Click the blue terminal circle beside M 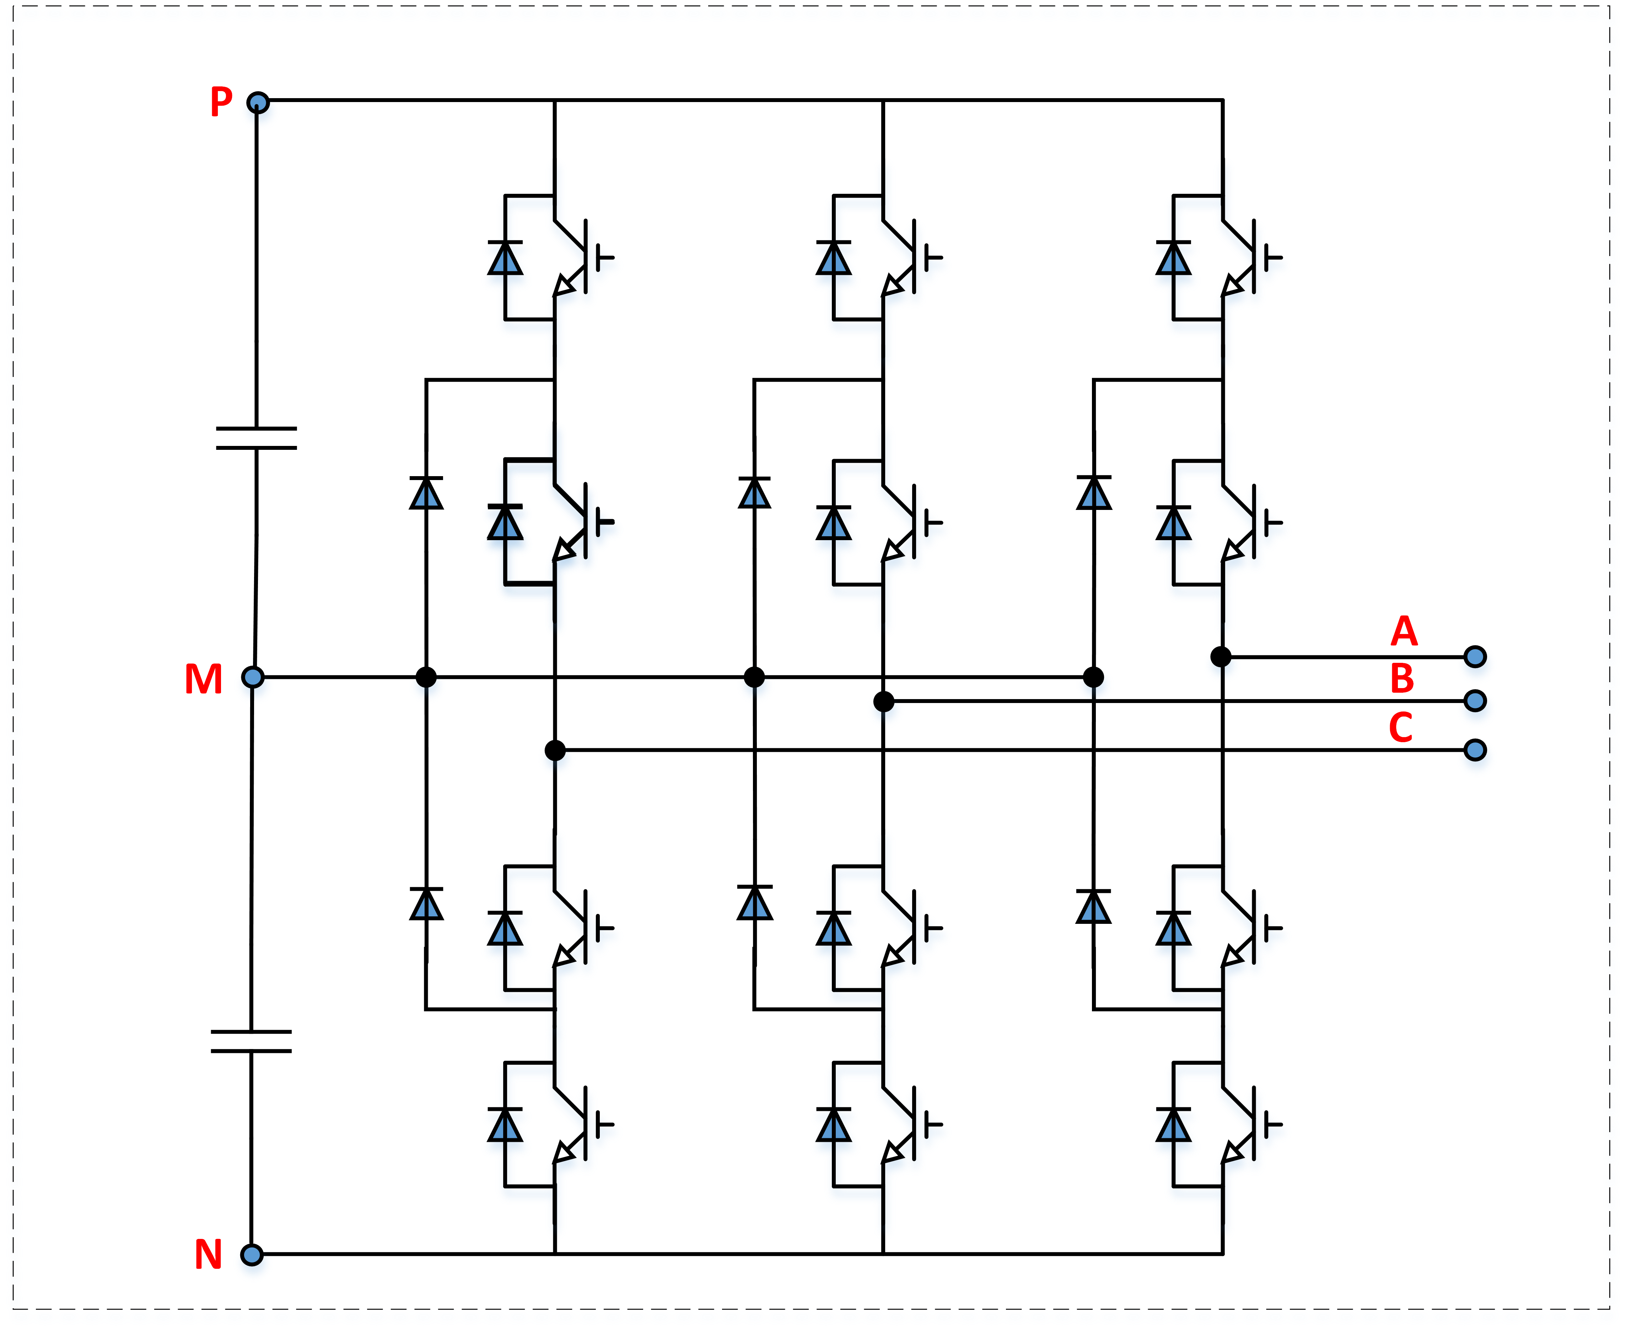253,677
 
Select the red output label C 1401,728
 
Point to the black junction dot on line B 883,701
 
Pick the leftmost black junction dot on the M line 426,677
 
